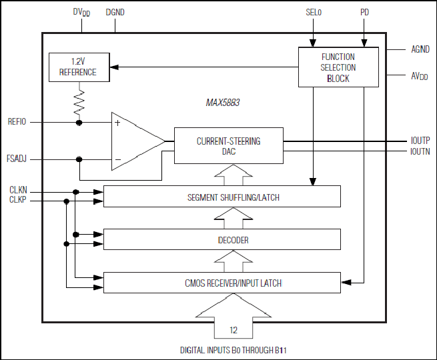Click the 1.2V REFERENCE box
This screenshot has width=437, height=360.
[79, 67]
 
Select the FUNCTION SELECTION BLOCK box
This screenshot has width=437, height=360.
[338, 67]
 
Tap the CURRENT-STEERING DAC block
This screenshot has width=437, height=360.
[229, 145]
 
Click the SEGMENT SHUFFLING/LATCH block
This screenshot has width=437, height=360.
[222, 196]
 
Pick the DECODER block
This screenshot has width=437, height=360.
[222, 239]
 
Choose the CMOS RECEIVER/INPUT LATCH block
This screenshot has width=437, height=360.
[222, 283]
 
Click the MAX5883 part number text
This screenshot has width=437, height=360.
[223, 103]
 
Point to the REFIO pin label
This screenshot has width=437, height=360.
[17, 122]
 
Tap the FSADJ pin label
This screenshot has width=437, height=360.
[17, 159]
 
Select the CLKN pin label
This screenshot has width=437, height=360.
[18, 190]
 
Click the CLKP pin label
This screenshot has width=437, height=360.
[17, 199]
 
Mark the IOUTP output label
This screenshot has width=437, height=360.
[420, 140]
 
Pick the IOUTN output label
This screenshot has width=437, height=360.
[420, 151]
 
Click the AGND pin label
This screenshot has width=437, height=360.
[420, 49]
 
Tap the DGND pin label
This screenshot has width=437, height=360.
[115, 12]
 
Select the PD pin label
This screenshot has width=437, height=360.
[364, 12]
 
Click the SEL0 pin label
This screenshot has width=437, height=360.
[314, 12]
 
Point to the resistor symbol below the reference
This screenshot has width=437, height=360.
[79, 102]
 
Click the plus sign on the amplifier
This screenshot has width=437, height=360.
[117, 123]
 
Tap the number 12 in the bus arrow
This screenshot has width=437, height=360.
[234, 330]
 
